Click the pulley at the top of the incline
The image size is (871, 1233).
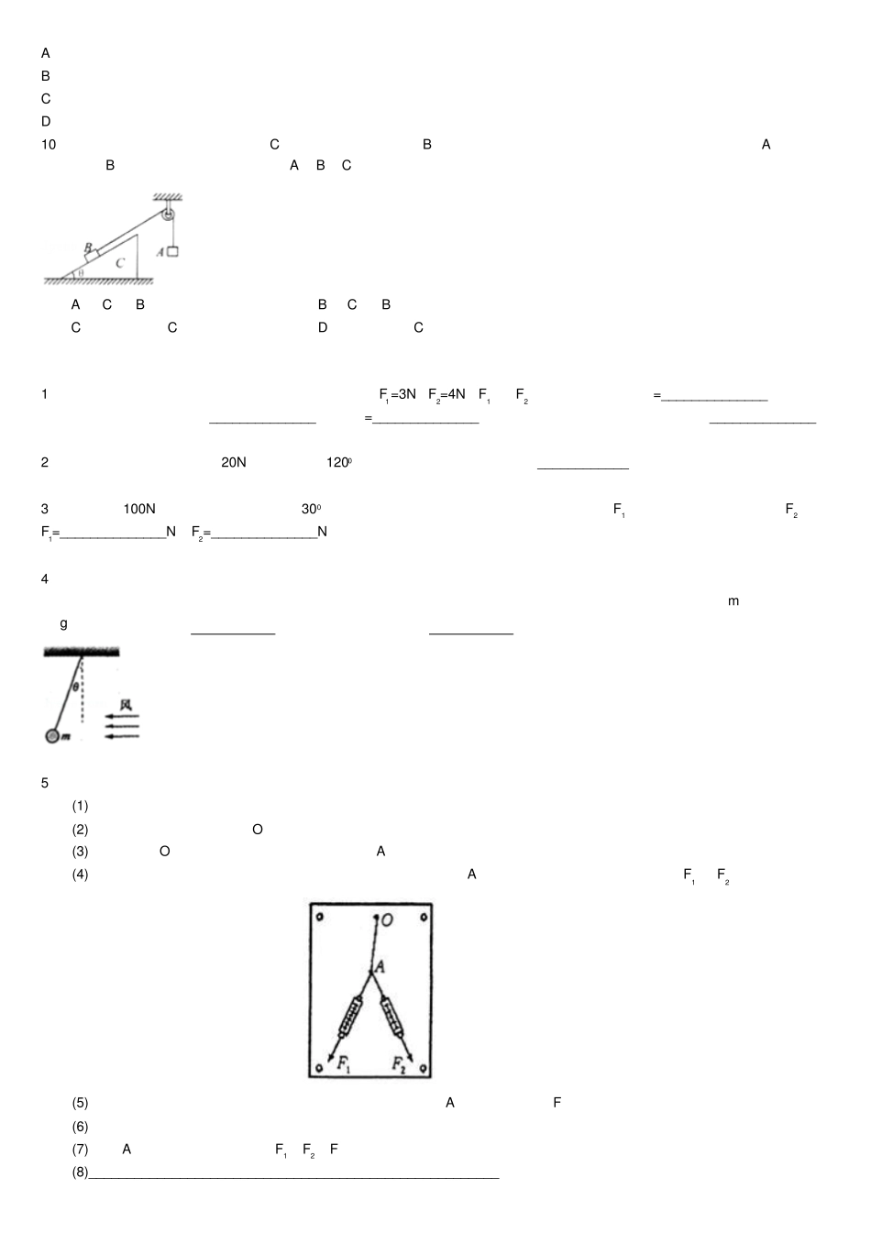(x=169, y=215)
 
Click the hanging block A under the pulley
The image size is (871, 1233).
(x=172, y=251)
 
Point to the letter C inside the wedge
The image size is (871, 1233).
(x=120, y=263)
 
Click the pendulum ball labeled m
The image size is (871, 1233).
(x=51, y=736)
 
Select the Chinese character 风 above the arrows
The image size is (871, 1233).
(x=127, y=705)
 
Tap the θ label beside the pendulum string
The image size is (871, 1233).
(x=75, y=687)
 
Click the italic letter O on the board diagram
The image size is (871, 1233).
(x=387, y=919)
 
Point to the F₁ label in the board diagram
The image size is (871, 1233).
(x=344, y=1062)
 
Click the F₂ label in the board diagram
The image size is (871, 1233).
(x=399, y=1064)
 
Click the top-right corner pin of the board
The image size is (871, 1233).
(x=424, y=917)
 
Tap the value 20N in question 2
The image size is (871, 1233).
(x=234, y=462)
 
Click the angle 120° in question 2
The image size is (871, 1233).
(x=339, y=462)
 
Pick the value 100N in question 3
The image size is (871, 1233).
(x=139, y=509)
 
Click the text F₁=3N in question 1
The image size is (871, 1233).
(x=398, y=395)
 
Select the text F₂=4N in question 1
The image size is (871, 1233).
(x=447, y=395)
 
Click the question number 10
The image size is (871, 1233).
(x=49, y=145)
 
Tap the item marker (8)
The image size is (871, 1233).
(x=80, y=1172)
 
